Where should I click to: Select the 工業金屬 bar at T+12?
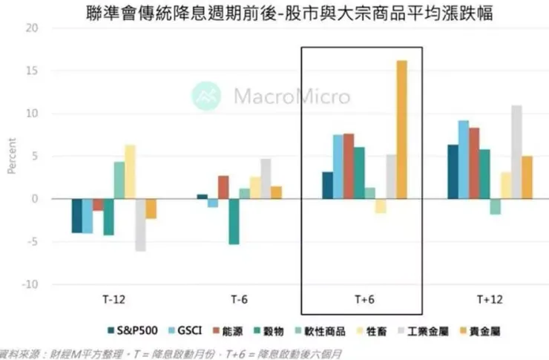click(516, 152)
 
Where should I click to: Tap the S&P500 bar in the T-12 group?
click(76, 216)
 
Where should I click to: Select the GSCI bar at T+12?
click(463, 160)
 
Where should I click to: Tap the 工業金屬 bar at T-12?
click(140, 225)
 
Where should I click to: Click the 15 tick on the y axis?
click(30, 71)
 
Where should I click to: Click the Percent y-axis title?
click(11, 157)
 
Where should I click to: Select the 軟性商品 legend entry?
click(297, 330)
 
